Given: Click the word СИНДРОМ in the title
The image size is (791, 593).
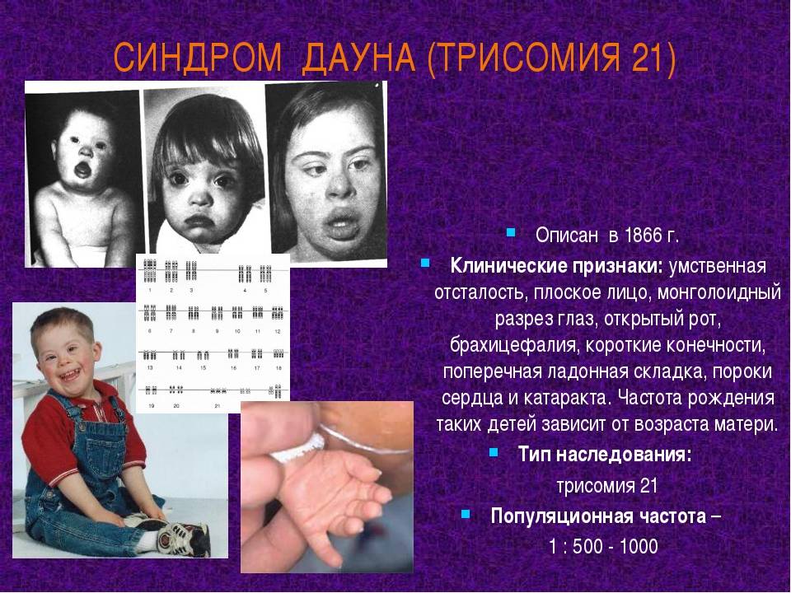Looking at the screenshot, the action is tap(198, 57).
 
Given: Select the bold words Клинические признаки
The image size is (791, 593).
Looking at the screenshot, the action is tap(556, 265).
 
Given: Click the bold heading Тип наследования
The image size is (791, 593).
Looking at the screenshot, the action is tap(604, 455).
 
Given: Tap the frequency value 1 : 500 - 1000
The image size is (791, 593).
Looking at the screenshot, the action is tap(603, 547).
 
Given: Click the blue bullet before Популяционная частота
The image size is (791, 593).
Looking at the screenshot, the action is tap(466, 514).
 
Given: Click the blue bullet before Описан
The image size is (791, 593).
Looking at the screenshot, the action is tap(511, 232).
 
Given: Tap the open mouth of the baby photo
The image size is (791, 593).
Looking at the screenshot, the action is tap(82, 170).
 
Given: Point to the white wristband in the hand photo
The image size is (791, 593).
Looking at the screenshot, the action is tap(298, 450).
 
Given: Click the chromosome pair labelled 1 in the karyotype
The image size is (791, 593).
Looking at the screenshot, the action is tap(150, 270).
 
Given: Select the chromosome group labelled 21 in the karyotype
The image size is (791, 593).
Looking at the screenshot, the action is tap(218, 390).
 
